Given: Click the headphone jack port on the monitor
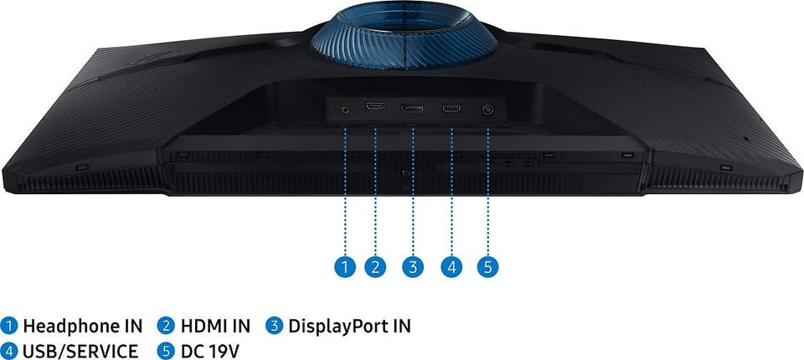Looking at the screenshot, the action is click(345, 109).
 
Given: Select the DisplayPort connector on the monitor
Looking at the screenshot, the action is click(412, 108).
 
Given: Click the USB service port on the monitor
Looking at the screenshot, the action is click(451, 108).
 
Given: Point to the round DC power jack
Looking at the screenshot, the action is click(487, 109).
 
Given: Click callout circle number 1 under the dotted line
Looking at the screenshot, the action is click(345, 267).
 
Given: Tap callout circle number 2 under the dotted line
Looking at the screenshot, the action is click(375, 267).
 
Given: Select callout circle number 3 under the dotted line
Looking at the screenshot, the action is click(413, 267).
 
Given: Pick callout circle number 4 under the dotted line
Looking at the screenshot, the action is click(451, 267).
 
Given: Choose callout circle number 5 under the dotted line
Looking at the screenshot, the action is click(487, 267).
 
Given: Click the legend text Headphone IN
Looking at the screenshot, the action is click(83, 327).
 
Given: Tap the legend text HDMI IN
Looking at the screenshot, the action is click(215, 327).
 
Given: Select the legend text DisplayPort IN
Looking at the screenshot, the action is click(350, 327).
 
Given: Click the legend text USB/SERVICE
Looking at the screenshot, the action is click(80, 352).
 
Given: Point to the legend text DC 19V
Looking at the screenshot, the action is click(210, 352).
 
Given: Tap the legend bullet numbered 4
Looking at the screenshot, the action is click(9, 352).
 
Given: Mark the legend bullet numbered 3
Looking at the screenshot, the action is click(275, 326).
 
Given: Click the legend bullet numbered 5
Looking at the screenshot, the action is click(166, 352).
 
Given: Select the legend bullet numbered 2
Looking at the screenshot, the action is click(166, 326).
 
